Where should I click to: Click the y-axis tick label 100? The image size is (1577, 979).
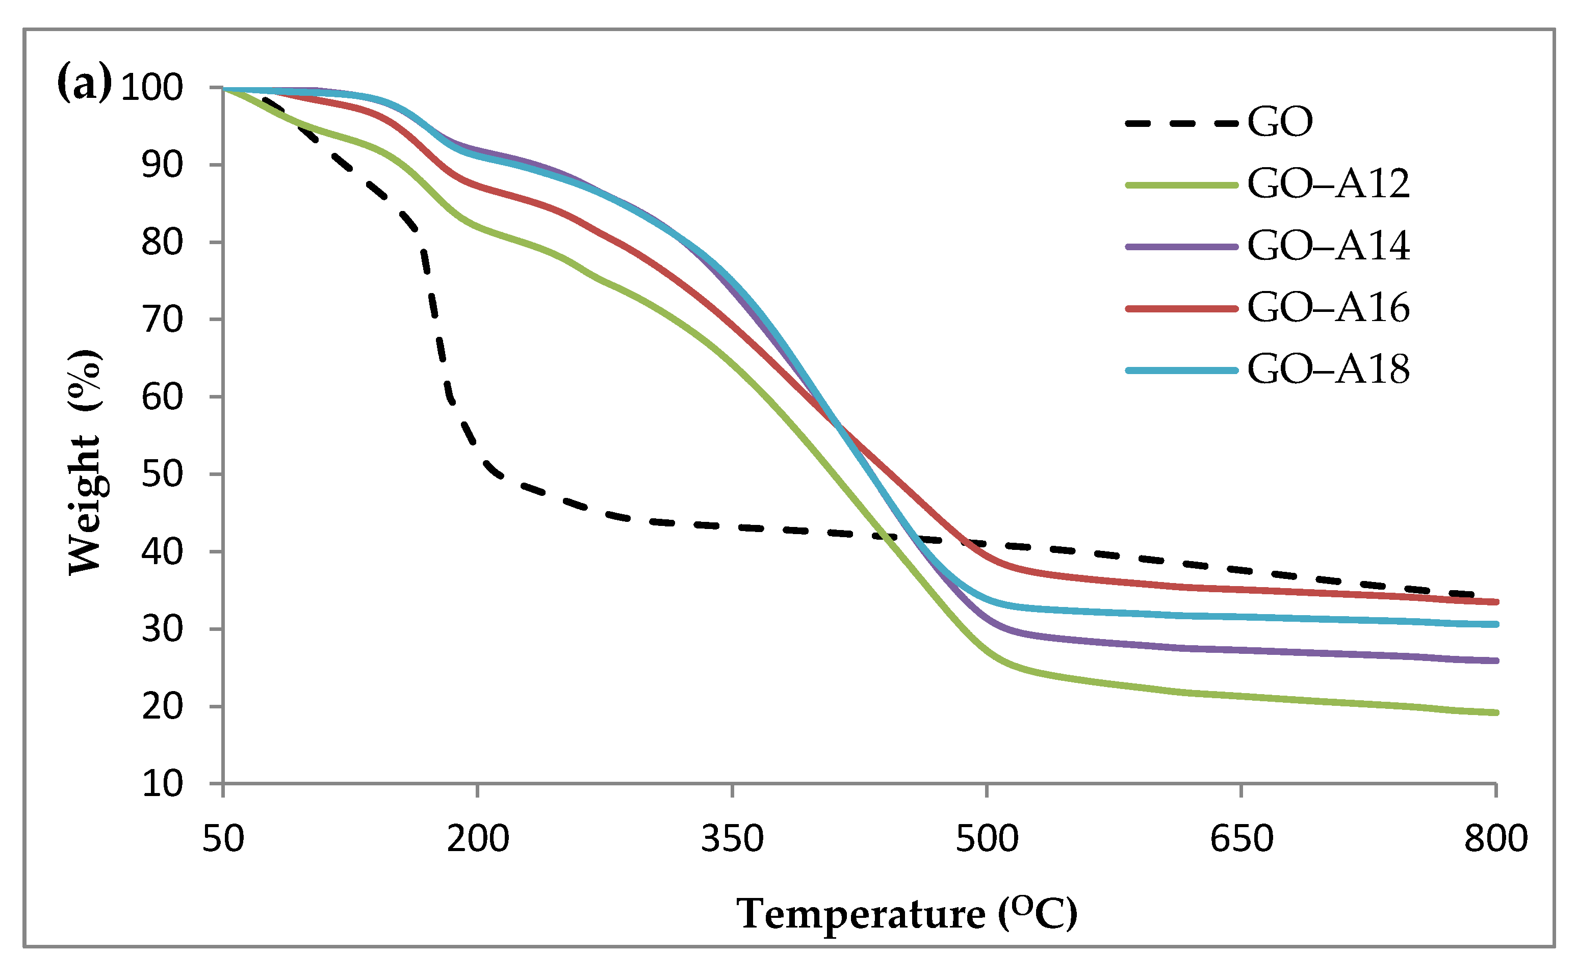(152, 88)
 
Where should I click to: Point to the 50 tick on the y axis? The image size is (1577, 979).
(163, 474)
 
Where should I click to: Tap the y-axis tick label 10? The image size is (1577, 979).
(163, 784)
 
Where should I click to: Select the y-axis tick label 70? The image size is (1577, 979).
(163, 320)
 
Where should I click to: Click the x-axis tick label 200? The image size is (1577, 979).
(478, 839)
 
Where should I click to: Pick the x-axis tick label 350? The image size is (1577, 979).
(733, 839)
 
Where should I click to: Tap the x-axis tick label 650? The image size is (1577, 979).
(1242, 839)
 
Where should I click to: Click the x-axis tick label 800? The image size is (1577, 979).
(1496, 839)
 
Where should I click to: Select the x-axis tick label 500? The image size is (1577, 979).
(987, 839)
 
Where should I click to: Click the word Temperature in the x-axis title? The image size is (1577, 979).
(861, 914)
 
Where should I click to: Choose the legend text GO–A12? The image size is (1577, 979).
(1328, 184)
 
